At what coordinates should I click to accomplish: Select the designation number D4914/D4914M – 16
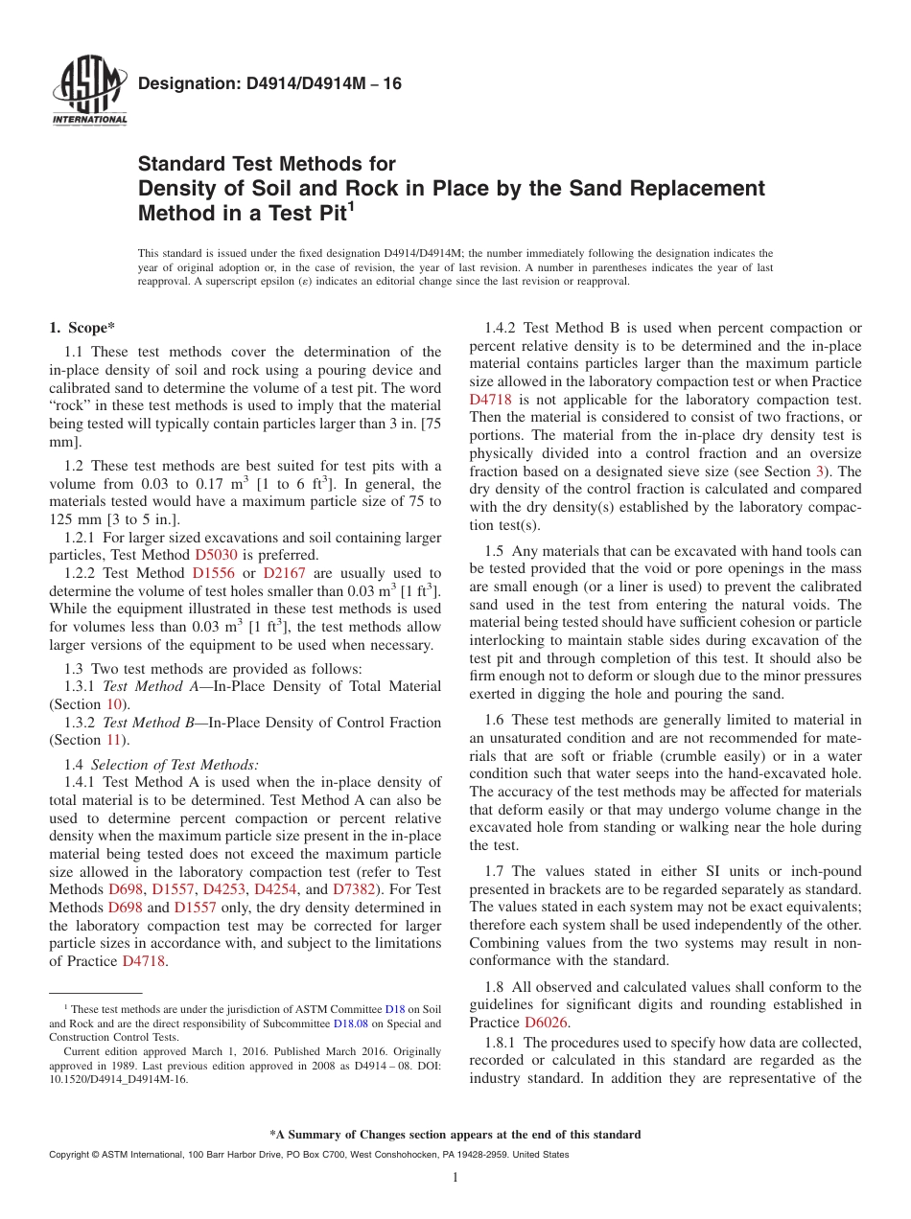(x=269, y=84)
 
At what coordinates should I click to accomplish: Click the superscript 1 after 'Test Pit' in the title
(x=350, y=206)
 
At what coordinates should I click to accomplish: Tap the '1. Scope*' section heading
(x=82, y=328)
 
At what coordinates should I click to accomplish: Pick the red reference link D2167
(x=282, y=573)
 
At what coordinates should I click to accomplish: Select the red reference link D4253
(x=225, y=872)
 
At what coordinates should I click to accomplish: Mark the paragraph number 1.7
(x=498, y=871)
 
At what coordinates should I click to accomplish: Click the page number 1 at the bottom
(x=455, y=1178)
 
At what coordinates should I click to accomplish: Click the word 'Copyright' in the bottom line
(x=68, y=1155)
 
